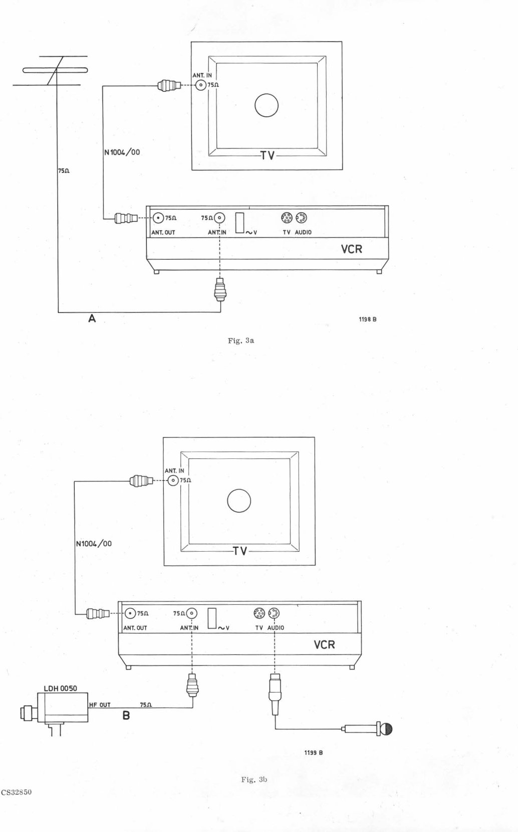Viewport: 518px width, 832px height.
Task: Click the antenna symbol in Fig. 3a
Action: click(x=56, y=71)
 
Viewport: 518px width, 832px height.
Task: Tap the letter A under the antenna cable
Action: click(x=92, y=318)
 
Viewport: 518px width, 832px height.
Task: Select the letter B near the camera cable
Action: click(x=126, y=715)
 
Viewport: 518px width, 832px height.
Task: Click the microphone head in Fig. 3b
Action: click(x=387, y=729)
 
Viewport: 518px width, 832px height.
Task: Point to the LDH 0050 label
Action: click(x=61, y=688)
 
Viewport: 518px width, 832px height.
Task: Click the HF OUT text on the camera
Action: click(x=100, y=705)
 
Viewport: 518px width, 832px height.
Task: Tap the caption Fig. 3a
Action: click(x=241, y=341)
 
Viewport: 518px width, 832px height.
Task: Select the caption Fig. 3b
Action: click(x=254, y=779)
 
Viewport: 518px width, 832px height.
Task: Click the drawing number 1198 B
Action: click(x=368, y=319)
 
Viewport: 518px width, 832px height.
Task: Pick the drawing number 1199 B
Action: click(x=314, y=753)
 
